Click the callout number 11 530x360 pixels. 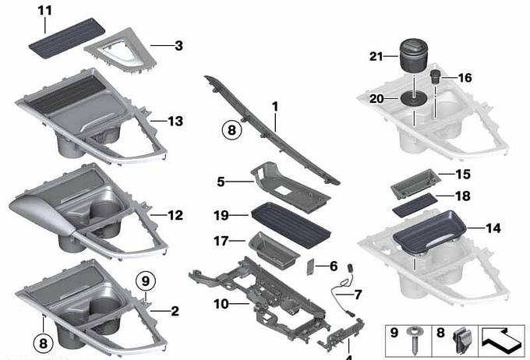[x=45, y=10]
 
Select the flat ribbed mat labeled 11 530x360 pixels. [x=66, y=38]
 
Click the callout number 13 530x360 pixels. [x=175, y=121]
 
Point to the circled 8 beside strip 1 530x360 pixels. [x=232, y=130]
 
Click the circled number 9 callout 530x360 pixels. [x=145, y=281]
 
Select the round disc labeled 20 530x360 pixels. [x=413, y=99]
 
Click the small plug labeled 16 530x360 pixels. [x=434, y=77]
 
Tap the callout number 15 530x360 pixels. [x=463, y=175]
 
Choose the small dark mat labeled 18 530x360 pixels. [x=415, y=204]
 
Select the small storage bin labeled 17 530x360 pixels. [x=274, y=250]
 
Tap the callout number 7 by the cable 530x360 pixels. [x=358, y=295]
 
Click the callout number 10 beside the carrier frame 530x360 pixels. [x=221, y=304]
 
